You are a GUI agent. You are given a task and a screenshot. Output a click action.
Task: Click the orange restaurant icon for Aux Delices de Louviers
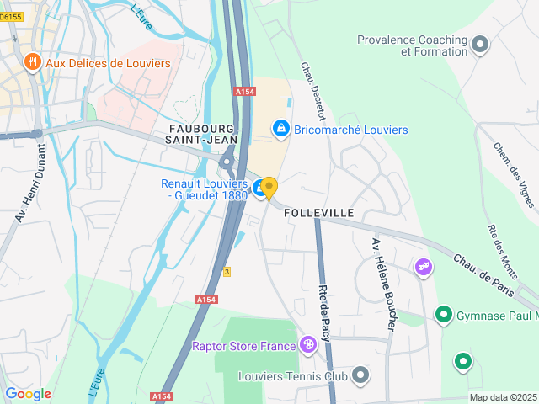(x=32, y=61)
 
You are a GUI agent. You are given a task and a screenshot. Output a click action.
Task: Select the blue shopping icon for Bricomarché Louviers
(x=280, y=129)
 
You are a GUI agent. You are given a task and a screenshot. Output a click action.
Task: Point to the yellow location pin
(x=269, y=188)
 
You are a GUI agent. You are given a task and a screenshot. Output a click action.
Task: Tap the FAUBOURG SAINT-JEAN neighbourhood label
(x=201, y=132)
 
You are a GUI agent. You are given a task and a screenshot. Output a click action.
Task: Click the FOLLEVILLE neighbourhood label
(x=319, y=213)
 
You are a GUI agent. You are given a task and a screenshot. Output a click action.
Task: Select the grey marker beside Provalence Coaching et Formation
(x=481, y=45)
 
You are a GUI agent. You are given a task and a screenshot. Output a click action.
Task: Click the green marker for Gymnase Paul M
(x=443, y=315)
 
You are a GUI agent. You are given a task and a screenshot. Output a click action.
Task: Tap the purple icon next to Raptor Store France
(x=309, y=344)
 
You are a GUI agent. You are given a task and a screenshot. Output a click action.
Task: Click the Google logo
(x=28, y=393)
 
